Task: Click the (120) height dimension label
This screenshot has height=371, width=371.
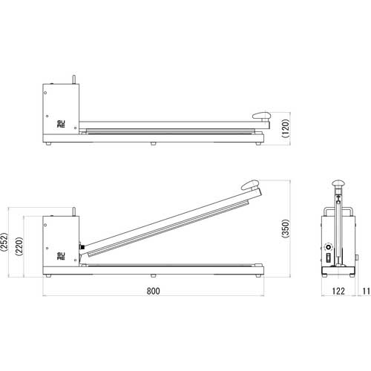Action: [x=285, y=131]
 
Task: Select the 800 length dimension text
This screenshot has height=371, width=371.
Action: [x=152, y=292]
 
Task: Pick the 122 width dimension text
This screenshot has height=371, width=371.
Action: [x=338, y=292]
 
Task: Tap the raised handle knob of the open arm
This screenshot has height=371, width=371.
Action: [x=249, y=186]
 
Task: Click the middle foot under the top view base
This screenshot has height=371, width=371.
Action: [x=152, y=142]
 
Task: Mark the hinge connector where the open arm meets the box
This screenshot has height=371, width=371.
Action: [x=82, y=247]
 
